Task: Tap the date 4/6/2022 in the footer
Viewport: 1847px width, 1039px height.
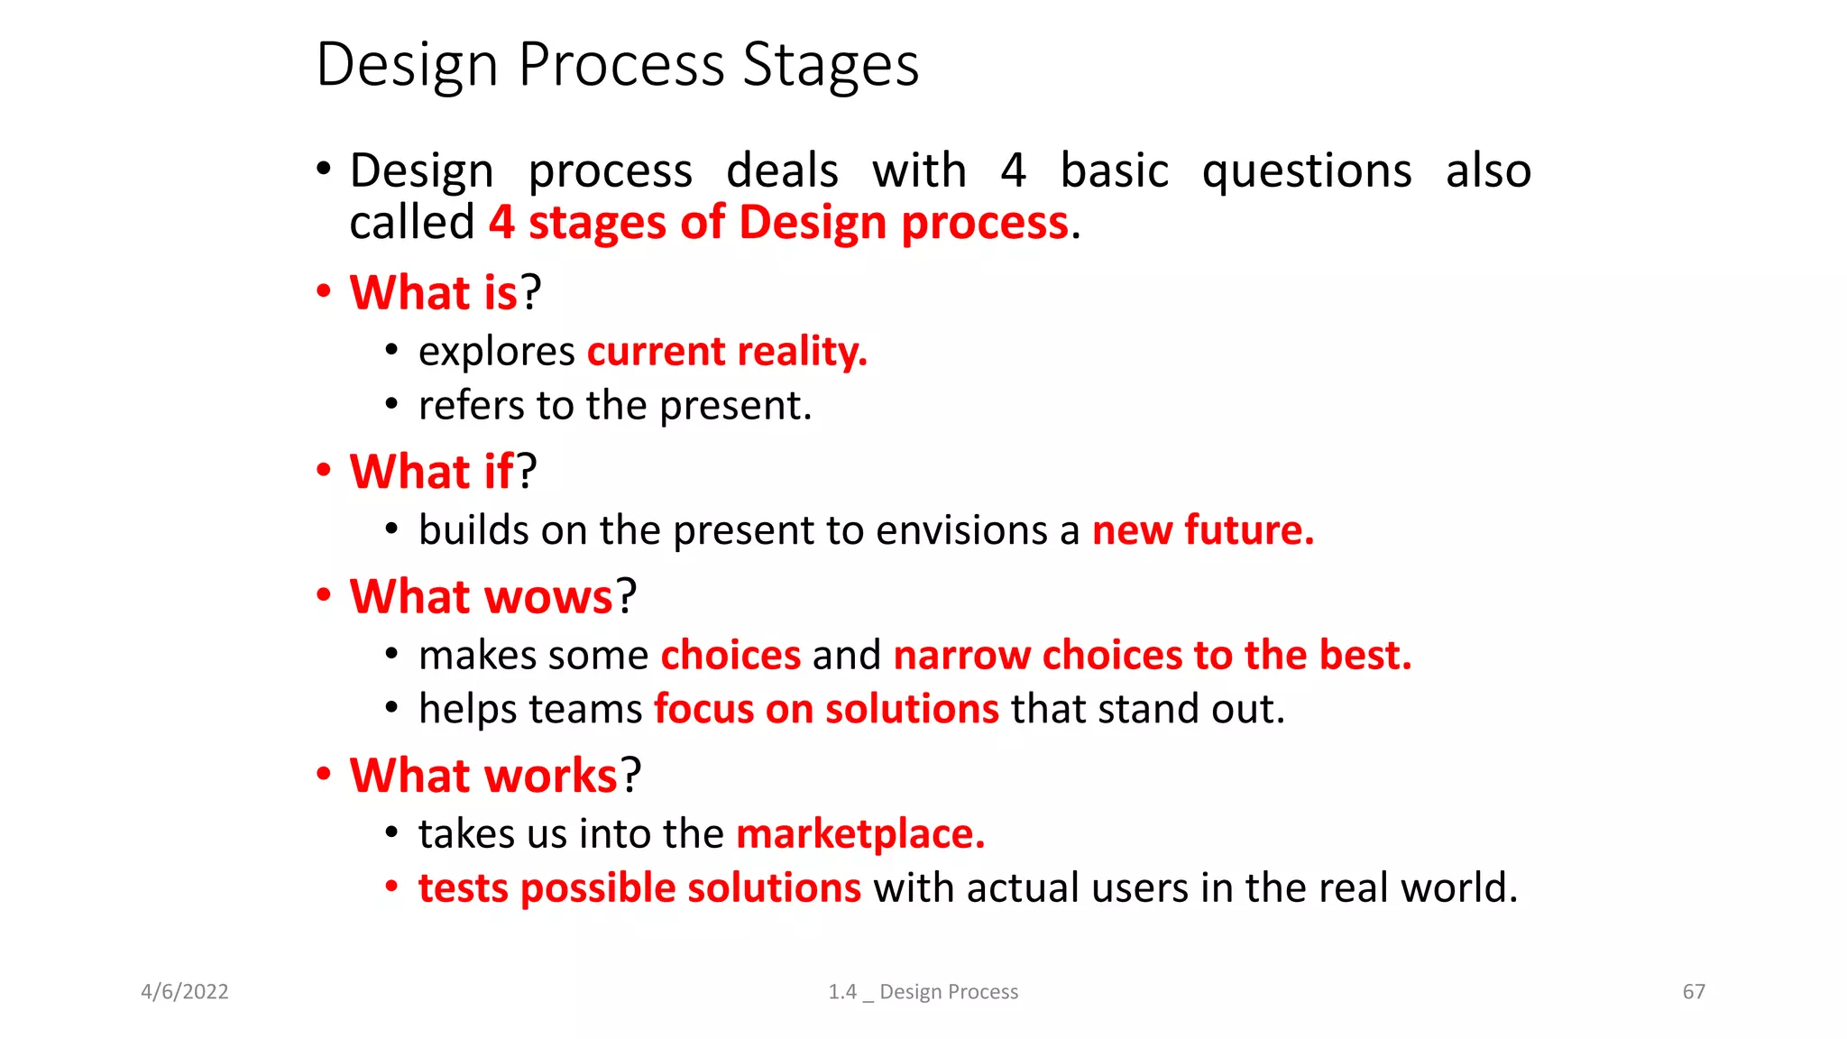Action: click(185, 992)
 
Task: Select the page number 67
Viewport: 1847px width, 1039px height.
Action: click(1694, 992)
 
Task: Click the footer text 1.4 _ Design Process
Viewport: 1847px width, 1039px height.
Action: click(923, 992)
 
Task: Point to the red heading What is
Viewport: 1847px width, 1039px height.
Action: click(434, 293)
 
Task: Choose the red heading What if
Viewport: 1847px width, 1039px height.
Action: click(431, 472)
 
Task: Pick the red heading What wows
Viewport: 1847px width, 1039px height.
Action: click(482, 597)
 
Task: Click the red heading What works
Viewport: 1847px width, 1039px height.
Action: click(483, 776)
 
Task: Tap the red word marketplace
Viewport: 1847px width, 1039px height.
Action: click(859, 834)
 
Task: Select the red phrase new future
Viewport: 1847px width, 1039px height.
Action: click(1202, 530)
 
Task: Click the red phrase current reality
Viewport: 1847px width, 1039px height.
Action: click(726, 352)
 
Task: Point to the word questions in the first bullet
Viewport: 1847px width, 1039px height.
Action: click(1307, 171)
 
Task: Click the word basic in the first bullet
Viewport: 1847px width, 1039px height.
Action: click(1114, 171)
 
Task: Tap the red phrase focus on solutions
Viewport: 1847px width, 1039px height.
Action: click(826, 709)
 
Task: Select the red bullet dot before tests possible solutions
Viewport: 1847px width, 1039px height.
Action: click(391, 887)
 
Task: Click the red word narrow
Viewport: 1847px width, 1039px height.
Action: click(961, 656)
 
